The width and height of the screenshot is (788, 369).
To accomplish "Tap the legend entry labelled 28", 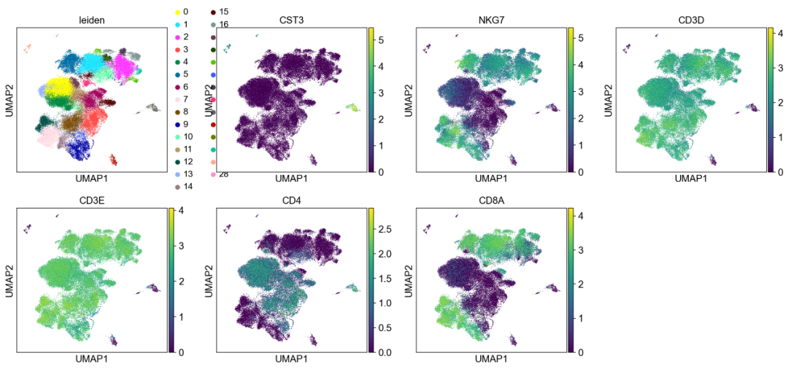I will (x=223, y=174).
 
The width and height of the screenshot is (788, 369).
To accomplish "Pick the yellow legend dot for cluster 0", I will (x=177, y=12).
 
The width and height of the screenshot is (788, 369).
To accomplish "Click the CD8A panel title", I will (x=490, y=198).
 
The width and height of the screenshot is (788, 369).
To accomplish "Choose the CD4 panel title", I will (x=290, y=198).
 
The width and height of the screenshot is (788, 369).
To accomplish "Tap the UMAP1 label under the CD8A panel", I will (x=490, y=359).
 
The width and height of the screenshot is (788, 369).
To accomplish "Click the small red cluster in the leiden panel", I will (x=113, y=159).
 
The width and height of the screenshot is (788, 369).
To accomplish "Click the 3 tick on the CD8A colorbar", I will (x=581, y=249).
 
